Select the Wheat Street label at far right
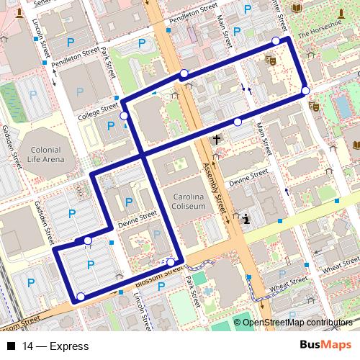click(x=340, y=269)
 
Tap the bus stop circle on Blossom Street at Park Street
click(x=171, y=263)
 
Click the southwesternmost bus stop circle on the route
click(x=81, y=297)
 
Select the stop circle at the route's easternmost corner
click(x=306, y=91)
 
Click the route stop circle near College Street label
click(x=125, y=115)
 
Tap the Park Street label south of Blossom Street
click(x=191, y=288)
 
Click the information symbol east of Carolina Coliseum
click(x=246, y=219)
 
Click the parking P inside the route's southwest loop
click(x=90, y=266)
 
